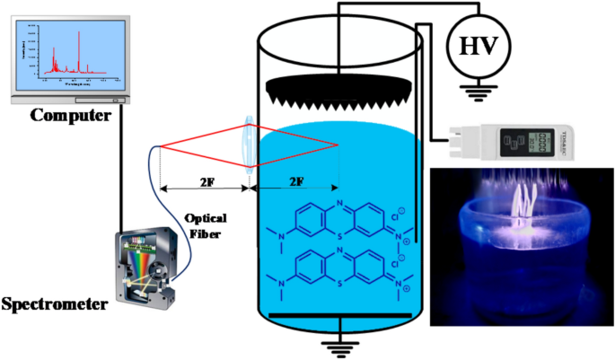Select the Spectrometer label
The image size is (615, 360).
53,305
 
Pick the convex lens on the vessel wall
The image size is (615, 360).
249,145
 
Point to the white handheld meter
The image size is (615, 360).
530,142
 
